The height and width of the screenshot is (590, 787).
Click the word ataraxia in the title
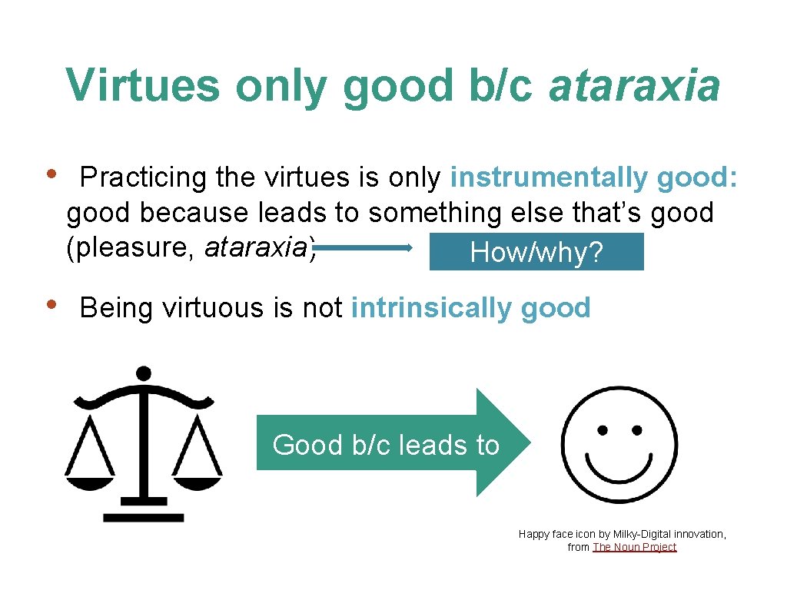(x=634, y=85)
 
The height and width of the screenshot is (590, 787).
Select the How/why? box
(x=536, y=252)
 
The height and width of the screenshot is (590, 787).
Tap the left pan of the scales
(x=91, y=482)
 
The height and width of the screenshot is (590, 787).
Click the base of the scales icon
(x=144, y=516)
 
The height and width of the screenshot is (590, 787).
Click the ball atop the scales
(x=143, y=374)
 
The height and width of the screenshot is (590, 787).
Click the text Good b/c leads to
(x=386, y=445)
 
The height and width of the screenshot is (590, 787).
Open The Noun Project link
(x=634, y=547)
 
